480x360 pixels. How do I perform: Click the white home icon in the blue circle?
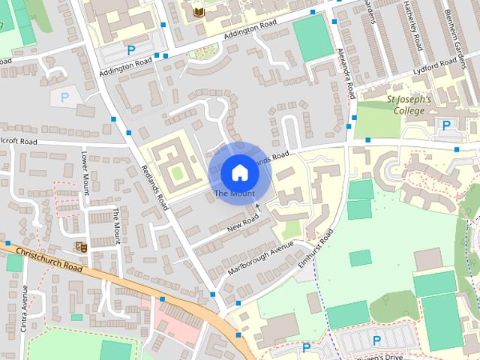point(238,172)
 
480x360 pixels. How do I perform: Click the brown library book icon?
point(198,13)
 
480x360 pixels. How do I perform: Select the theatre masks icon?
point(81,246)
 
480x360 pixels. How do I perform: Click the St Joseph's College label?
point(408,105)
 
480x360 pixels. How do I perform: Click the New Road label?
point(243,222)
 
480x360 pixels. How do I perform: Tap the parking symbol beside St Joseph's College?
point(446,125)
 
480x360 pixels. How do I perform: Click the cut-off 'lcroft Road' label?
point(19,140)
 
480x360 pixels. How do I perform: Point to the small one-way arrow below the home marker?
point(257,205)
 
